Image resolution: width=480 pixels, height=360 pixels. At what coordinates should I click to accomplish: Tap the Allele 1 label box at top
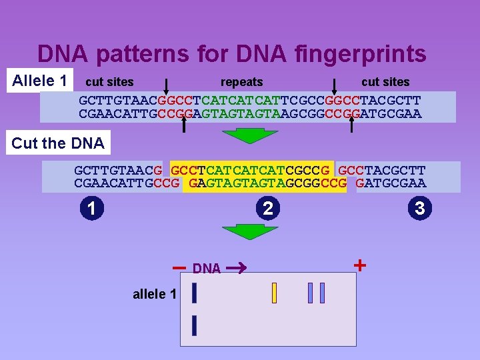pos(41,81)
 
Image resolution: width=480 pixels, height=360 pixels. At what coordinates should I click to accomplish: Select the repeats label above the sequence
pos(241,82)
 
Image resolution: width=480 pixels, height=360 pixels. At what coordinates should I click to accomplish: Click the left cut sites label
pos(109,82)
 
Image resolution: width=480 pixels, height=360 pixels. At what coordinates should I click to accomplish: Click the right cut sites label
pos(385,82)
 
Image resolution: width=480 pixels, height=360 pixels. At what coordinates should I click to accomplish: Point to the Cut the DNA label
pos(58,143)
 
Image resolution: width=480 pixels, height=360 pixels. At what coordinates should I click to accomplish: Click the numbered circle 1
pos(91,209)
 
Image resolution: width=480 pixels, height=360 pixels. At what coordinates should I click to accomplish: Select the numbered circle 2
pos(267,209)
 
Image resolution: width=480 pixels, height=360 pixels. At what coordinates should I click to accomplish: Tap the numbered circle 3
pos(419,209)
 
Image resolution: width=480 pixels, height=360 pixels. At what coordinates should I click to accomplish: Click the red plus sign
pos(360,265)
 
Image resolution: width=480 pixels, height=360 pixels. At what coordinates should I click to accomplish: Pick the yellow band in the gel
pos(274,293)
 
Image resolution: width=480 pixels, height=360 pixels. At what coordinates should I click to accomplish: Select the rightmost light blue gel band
pos(323,293)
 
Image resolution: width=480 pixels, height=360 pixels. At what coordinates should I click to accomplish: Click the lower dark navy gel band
pos(194,325)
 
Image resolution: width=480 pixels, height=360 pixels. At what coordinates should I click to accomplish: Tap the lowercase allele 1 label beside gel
pos(155,294)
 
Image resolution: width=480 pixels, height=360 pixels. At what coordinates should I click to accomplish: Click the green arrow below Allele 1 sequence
pos(241,135)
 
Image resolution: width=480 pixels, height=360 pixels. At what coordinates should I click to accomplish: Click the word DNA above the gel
pos(207,269)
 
